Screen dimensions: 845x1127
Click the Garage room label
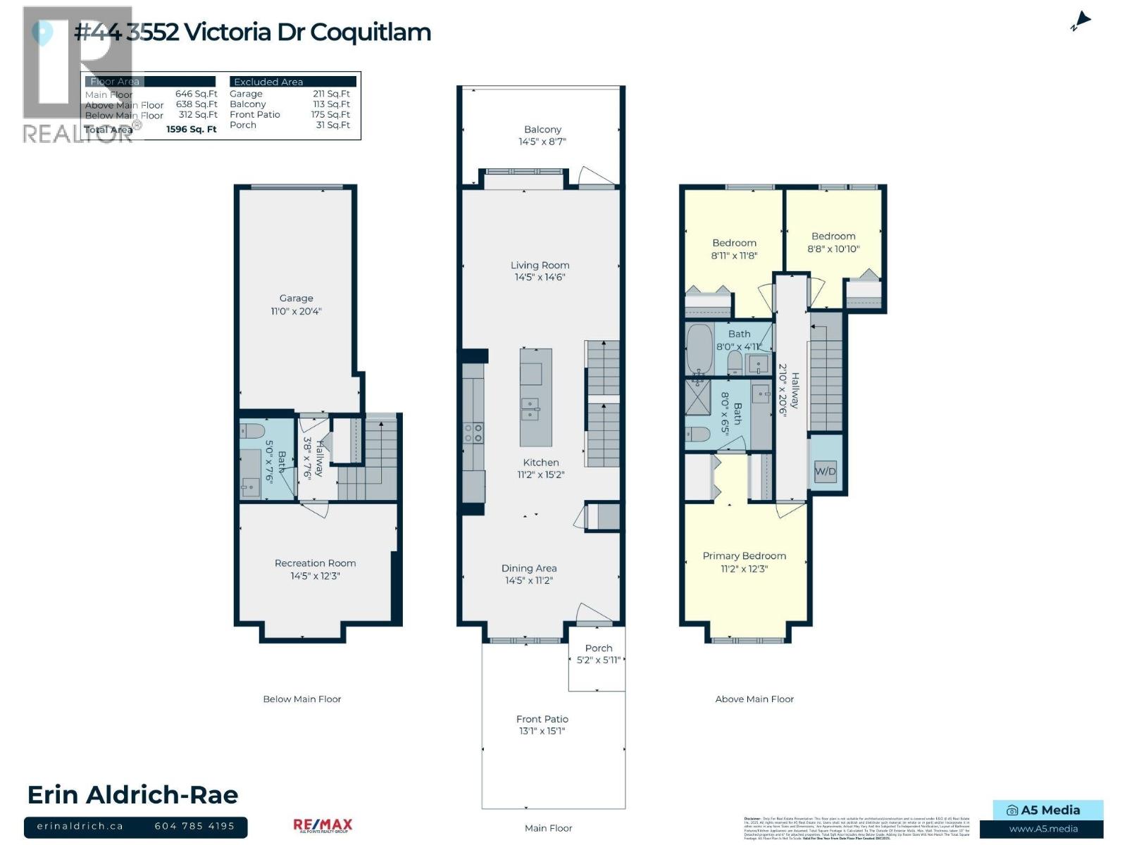pyautogui.click(x=296, y=299)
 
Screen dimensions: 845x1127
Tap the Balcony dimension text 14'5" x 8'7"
pyautogui.click(x=542, y=142)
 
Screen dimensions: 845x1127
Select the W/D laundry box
pyautogui.click(x=825, y=471)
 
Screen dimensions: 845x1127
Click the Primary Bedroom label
pyautogui.click(x=744, y=556)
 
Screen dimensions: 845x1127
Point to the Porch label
pyautogui.click(x=599, y=649)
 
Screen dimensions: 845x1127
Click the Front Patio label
pyautogui.click(x=542, y=719)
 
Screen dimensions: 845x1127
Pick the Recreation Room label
pyautogui.click(x=315, y=563)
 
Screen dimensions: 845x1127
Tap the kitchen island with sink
pyautogui.click(x=535, y=398)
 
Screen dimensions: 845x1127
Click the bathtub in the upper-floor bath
pyautogui.click(x=699, y=350)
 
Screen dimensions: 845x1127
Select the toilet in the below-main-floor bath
pyautogui.click(x=251, y=431)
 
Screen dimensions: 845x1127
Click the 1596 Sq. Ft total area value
pyautogui.click(x=192, y=130)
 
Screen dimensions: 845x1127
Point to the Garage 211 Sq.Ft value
pyautogui.click(x=331, y=94)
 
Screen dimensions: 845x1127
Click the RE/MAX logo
pyautogui.click(x=323, y=825)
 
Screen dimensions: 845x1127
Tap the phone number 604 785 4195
pyautogui.click(x=194, y=826)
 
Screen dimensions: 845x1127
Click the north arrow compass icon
pyautogui.click(x=1081, y=22)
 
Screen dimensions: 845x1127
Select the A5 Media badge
pyautogui.click(x=1048, y=810)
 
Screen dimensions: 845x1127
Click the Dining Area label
pyautogui.click(x=529, y=568)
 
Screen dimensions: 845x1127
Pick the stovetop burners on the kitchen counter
pyautogui.click(x=473, y=432)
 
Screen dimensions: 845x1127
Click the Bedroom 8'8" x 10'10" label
pyautogui.click(x=833, y=237)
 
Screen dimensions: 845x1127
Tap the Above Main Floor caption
pyautogui.click(x=754, y=699)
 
